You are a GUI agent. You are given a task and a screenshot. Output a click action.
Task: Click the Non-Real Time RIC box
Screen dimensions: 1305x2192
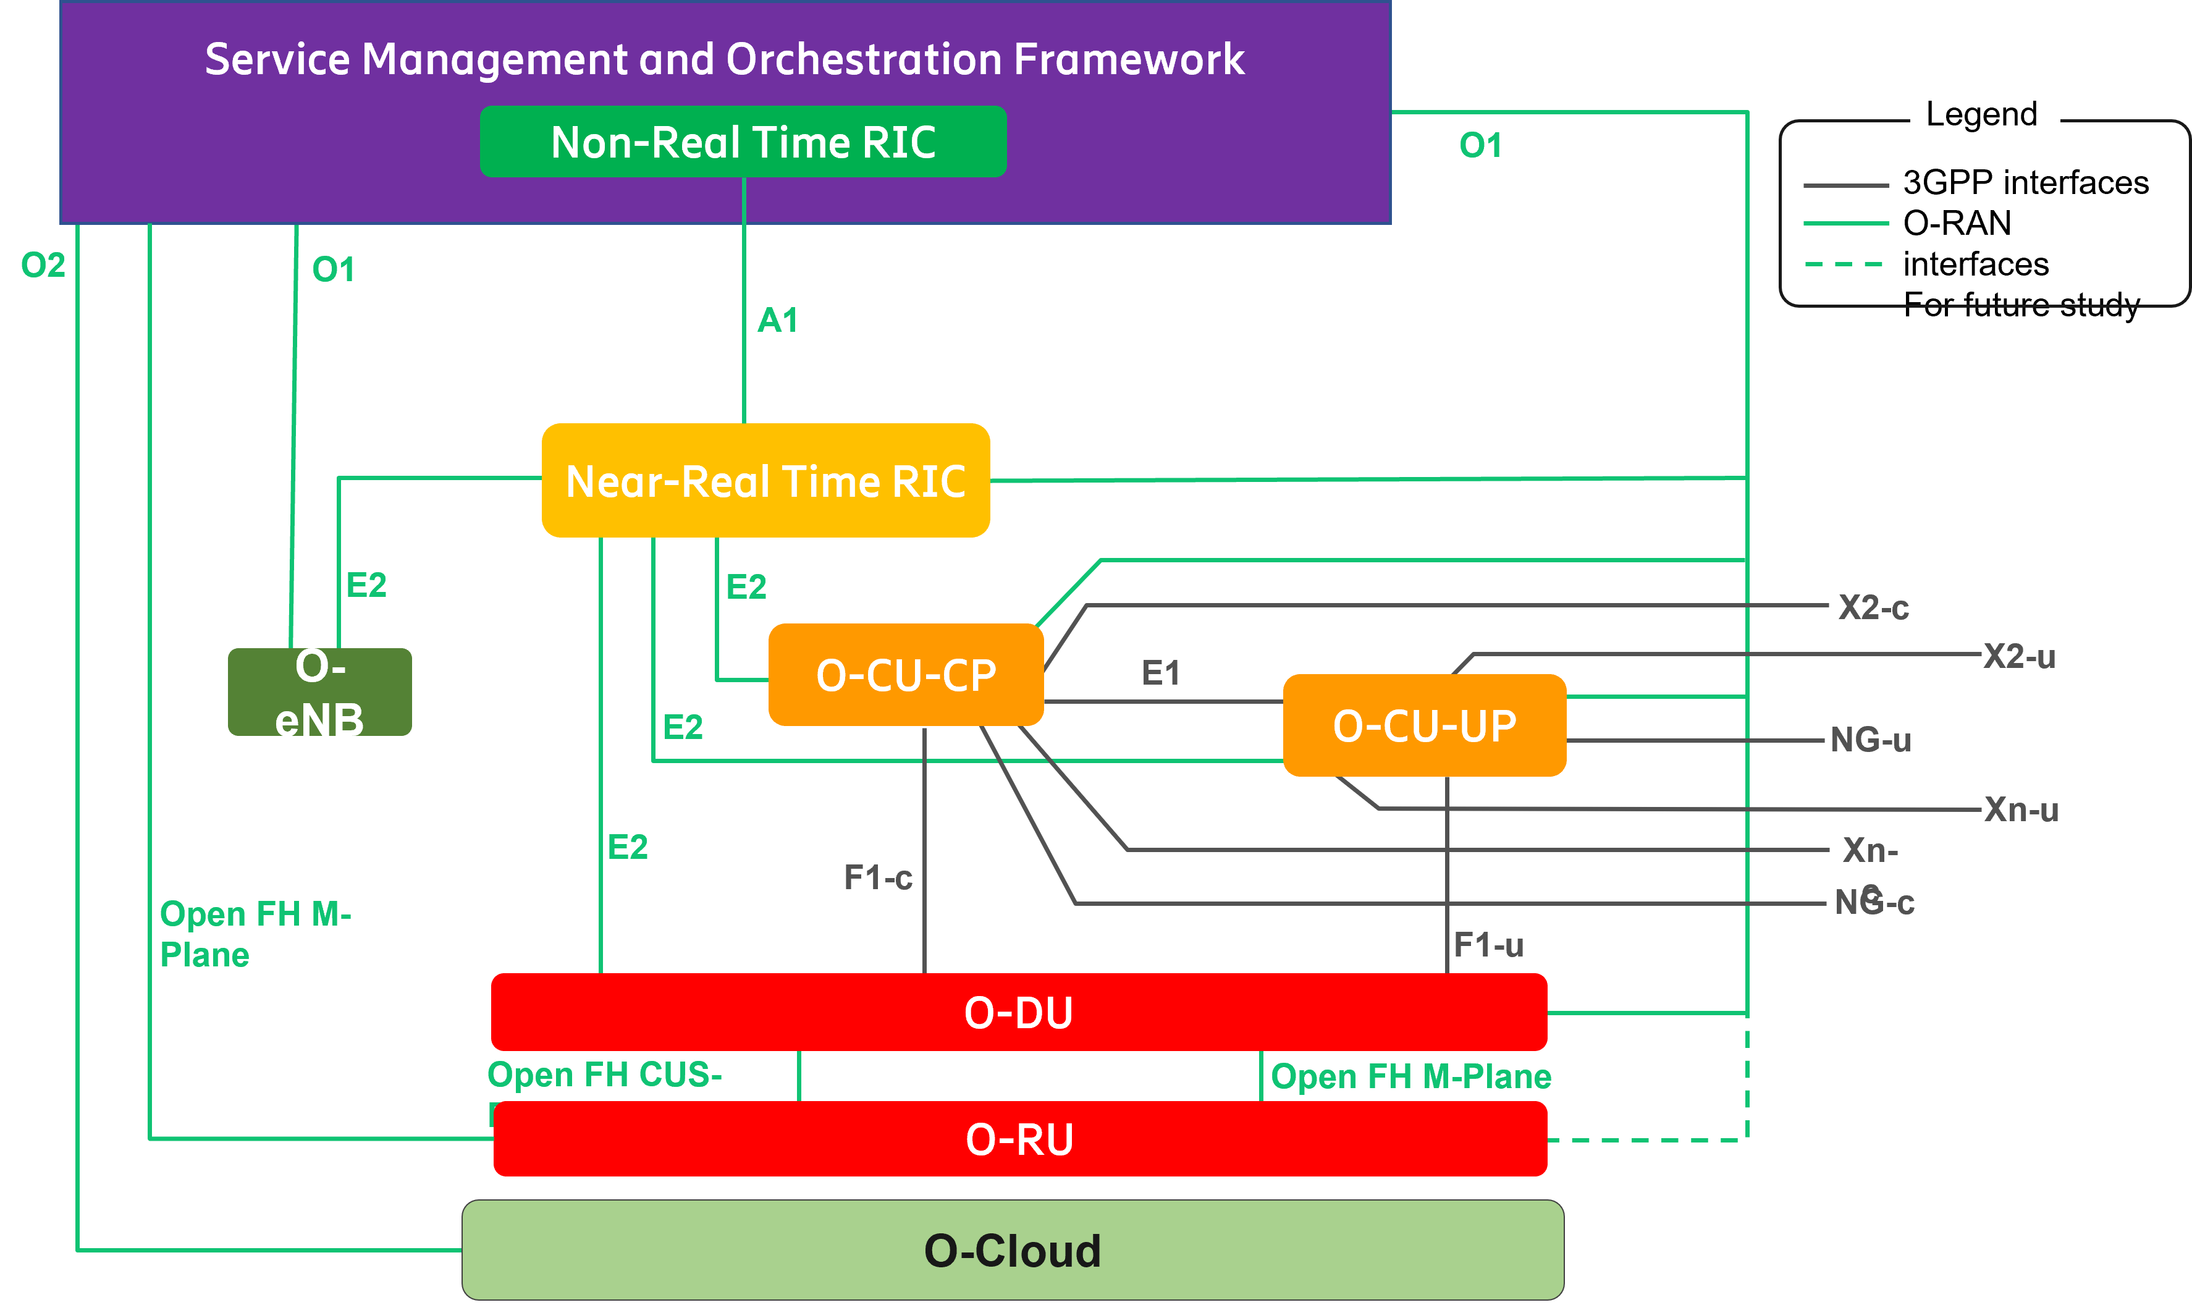click(743, 141)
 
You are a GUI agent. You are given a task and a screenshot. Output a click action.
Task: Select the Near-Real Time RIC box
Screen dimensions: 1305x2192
click(765, 480)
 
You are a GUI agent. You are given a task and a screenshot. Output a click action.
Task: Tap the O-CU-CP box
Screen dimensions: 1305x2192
click(906, 675)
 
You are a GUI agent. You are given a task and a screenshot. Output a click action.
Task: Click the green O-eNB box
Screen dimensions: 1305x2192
click(319, 692)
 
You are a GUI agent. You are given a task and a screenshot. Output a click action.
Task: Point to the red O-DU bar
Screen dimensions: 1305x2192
click(1018, 1012)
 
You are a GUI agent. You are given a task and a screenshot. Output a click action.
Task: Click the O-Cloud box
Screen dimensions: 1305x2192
click(1012, 1249)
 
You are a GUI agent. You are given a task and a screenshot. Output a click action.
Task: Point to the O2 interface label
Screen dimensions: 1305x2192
click(43, 264)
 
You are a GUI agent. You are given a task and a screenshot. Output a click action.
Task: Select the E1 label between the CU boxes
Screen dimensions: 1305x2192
click(1161, 673)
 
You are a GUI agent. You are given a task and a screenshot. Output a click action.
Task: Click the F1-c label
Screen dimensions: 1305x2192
click(877, 877)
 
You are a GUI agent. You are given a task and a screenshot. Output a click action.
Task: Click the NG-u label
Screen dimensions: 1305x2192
click(1870, 740)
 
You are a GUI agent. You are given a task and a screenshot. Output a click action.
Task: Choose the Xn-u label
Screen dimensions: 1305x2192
click(2020, 809)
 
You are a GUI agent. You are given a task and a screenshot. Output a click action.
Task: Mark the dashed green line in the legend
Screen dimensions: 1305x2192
click(1844, 264)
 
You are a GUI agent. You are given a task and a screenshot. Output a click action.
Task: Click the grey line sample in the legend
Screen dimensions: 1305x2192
click(1845, 185)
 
